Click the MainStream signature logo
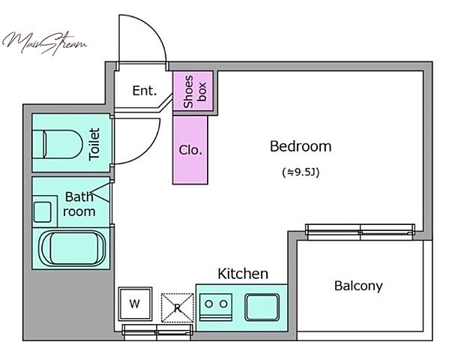point(44,43)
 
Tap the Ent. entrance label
point(145,91)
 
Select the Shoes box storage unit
point(193,91)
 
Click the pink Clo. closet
point(190,150)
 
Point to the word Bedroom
point(301,146)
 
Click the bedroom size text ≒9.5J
point(301,172)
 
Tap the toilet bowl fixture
point(58,144)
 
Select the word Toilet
point(94,144)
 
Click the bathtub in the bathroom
point(72,248)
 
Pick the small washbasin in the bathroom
point(43,211)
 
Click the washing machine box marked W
point(135,304)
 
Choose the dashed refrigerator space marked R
point(177,307)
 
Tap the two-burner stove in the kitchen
point(216,307)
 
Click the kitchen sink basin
point(262,307)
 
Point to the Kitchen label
point(243,274)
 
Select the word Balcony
point(358,286)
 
